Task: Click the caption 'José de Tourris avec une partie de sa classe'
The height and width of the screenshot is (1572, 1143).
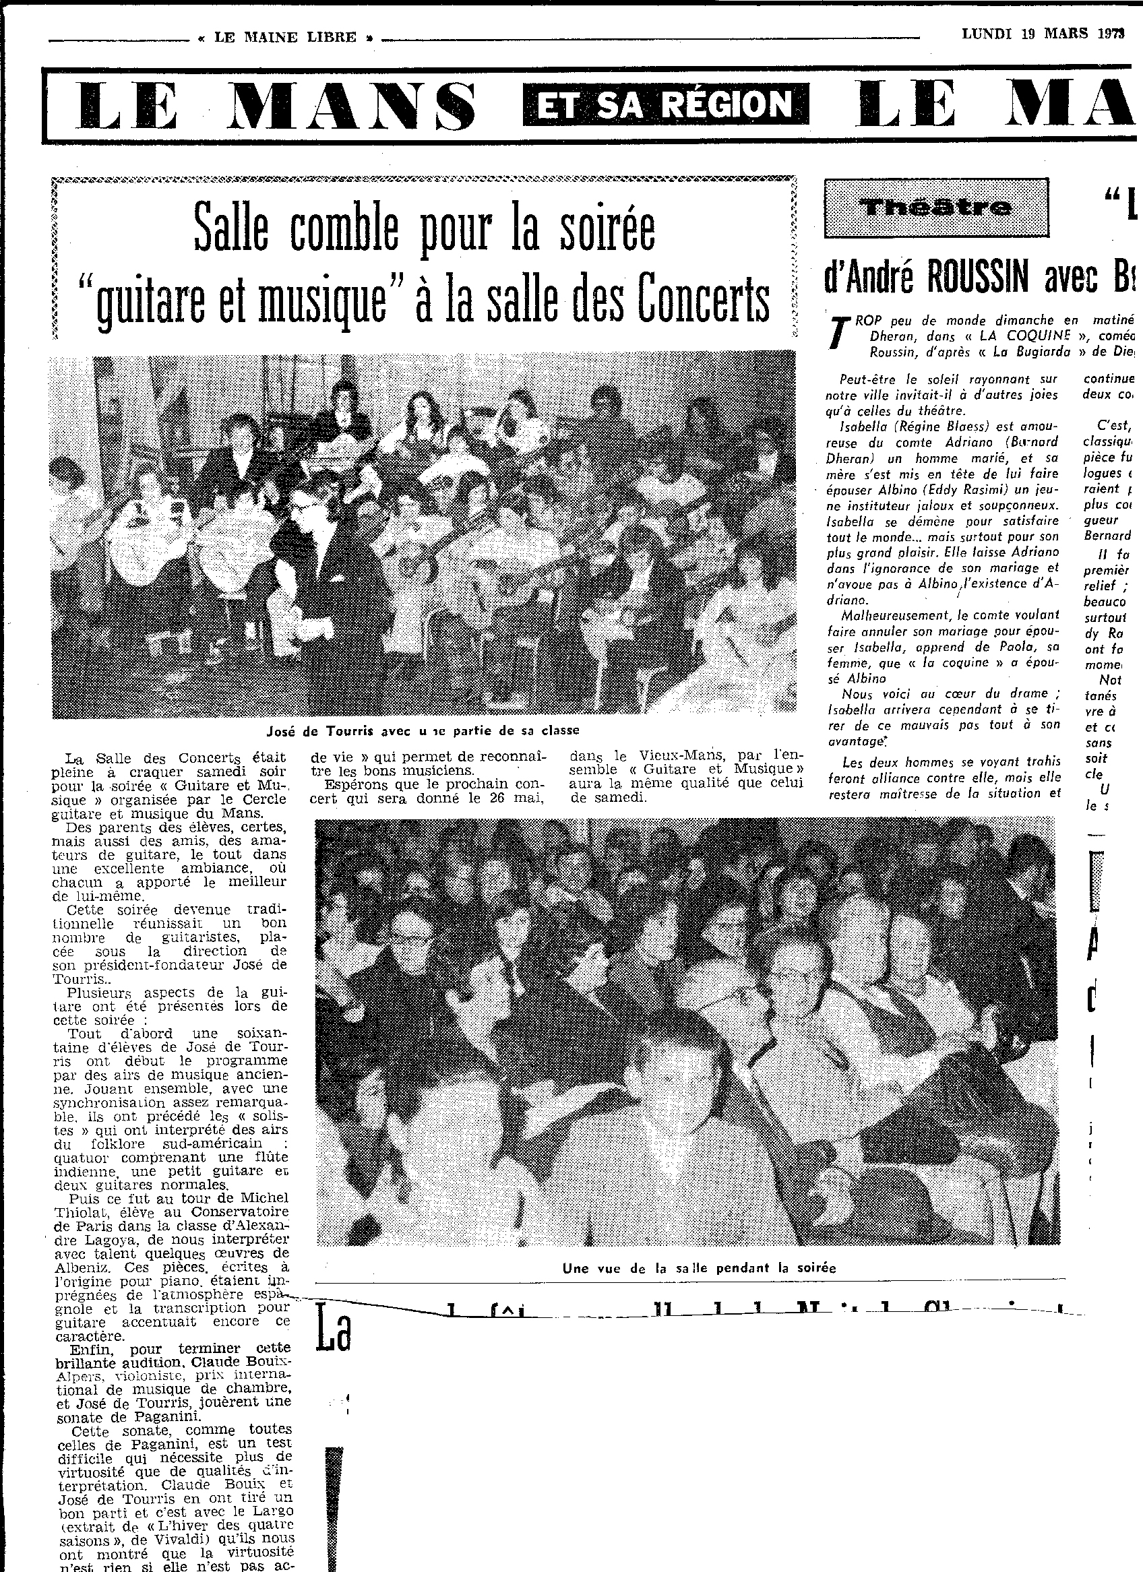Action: tap(422, 730)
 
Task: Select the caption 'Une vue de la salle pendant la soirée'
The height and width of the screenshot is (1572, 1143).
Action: tap(699, 1267)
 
